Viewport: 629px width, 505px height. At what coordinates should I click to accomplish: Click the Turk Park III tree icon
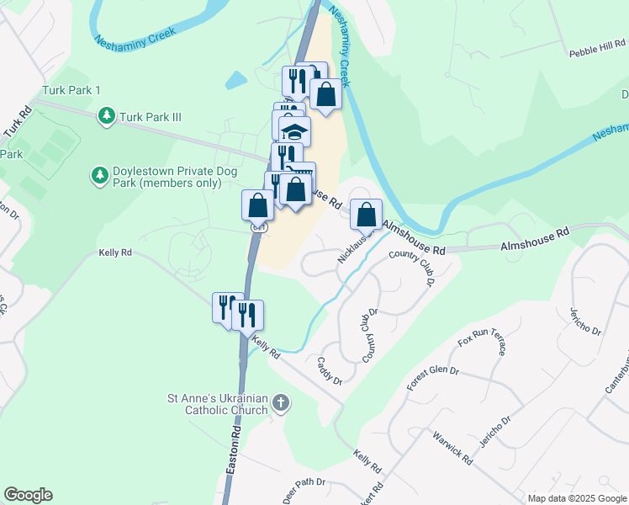(x=107, y=116)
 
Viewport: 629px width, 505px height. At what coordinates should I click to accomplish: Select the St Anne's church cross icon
(x=282, y=405)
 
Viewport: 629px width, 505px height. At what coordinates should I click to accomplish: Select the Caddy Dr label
(x=330, y=370)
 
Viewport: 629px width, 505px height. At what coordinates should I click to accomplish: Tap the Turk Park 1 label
(x=71, y=90)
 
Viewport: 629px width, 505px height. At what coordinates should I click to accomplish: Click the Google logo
(x=28, y=495)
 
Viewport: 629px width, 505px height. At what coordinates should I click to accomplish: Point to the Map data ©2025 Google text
(x=577, y=498)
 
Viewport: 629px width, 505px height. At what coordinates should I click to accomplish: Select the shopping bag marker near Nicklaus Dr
(x=366, y=215)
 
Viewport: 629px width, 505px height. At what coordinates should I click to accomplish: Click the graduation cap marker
(x=294, y=132)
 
